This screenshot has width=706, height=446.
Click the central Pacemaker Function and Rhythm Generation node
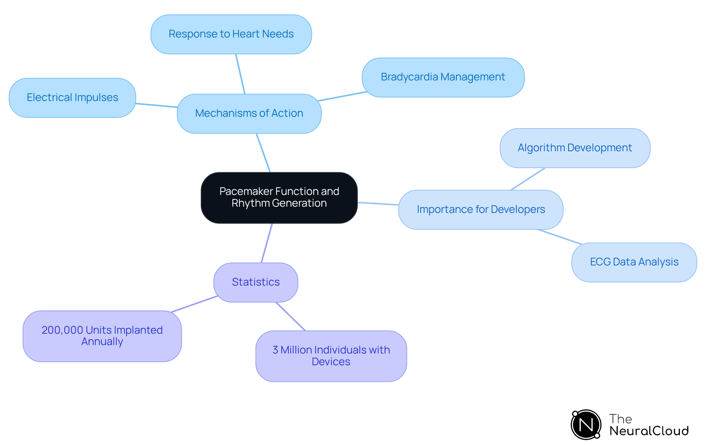(279, 197)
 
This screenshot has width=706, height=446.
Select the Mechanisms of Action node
(249, 113)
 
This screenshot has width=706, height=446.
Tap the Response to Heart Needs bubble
(231, 34)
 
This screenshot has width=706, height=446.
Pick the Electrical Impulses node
(72, 98)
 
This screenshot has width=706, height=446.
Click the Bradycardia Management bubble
(443, 77)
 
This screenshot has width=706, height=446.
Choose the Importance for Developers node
(481, 210)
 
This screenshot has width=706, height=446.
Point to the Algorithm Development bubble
(575, 148)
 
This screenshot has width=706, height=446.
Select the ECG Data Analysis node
(634, 262)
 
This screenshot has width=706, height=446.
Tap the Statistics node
(256, 282)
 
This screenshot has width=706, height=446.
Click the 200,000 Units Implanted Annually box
(102, 336)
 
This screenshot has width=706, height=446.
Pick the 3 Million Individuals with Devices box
(331, 356)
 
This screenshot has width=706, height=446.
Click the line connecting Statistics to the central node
(267, 243)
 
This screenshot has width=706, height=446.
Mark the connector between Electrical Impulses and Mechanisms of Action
(157, 105)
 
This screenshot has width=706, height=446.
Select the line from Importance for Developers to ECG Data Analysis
(560, 237)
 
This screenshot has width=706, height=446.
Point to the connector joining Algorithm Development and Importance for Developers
(528, 179)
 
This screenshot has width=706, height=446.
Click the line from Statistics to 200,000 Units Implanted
(194, 304)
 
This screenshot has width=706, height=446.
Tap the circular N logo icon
(586, 425)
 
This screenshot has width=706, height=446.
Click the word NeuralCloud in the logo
(649, 431)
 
